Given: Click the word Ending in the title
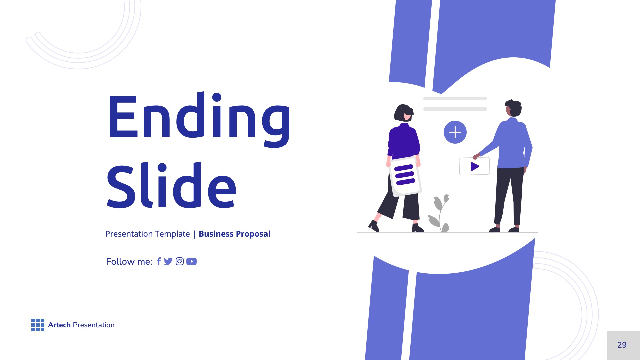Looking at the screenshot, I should click(199, 117).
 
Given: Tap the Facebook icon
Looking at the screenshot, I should click(159, 262).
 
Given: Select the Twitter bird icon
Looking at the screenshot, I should click(168, 261).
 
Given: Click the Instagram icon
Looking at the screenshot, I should click(180, 261).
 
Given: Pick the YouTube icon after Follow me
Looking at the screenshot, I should click(191, 261).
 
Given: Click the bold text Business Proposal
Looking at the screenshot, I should click(234, 234).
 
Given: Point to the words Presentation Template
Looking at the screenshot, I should click(147, 234).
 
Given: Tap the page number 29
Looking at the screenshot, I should click(622, 345).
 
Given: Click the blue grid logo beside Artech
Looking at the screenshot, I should click(38, 325).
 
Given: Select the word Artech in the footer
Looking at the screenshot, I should click(59, 325).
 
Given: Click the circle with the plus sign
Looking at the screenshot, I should click(455, 132).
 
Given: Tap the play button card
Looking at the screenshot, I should click(474, 166).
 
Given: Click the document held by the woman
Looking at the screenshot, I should click(405, 176).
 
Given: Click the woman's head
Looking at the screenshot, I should click(404, 113).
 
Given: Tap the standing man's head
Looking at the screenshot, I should click(513, 108).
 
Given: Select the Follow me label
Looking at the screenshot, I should click(129, 262).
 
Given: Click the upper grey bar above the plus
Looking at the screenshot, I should click(455, 99).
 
